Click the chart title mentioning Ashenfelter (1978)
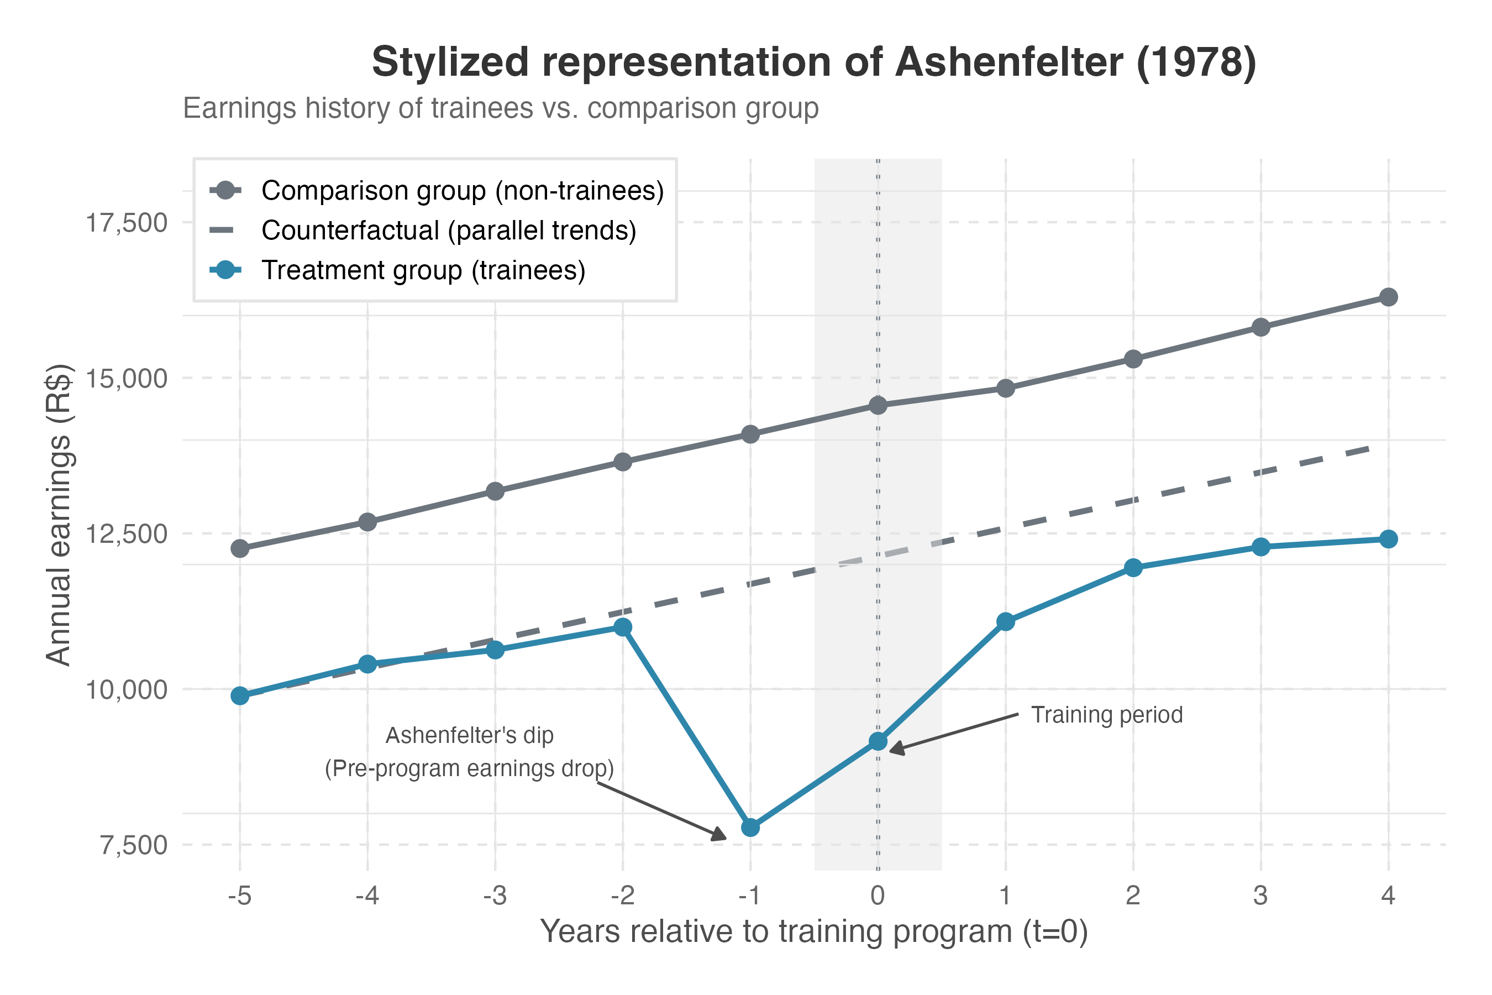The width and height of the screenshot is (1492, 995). pyautogui.click(x=814, y=62)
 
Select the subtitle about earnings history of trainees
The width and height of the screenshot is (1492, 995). pyautogui.click(x=501, y=108)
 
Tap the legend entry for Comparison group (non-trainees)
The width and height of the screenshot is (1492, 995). pyautogui.click(x=462, y=190)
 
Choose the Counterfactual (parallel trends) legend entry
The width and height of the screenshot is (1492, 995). pyautogui.click(x=449, y=231)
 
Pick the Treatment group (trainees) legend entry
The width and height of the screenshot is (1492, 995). pyautogui.click(x=423, y=270)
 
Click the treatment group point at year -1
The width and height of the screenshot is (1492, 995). pyautogui.click(x=750, y=828)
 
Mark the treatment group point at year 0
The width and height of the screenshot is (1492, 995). pyautogui.click(x=878, y=741)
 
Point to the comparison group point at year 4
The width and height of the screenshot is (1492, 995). pyautogui.click(x=1389, y=297)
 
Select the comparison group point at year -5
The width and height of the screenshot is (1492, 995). pyautogui.click(x=240, y=548)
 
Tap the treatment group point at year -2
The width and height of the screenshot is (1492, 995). pyautogui.click(x=623, y=627)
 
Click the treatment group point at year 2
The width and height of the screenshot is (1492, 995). pyautogui.click(x=1133, y=567)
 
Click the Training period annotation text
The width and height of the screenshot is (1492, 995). pyautogui.click(x=1106, y=715)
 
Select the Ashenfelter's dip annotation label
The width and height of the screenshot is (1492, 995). pyautogui.click(x=469, y=752)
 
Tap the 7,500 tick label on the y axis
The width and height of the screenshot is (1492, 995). pyautogui.click(x=133, y=846)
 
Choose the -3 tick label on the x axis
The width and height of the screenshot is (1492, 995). pyautogui.click(x=494, y=895)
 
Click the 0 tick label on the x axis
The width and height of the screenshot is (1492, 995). pyautogui.click(x=878, y=895)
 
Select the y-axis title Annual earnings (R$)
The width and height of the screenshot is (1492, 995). pyautogui.click(x=59, y=515)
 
